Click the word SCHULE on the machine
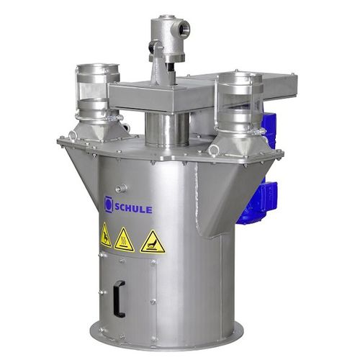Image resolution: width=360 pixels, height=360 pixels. (133, 208)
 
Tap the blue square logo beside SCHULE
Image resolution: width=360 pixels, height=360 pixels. (108, 204)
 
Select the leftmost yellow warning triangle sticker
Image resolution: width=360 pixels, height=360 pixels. (106, 235)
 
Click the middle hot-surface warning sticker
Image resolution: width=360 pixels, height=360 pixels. (124, 240)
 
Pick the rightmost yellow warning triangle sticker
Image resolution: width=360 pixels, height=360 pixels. (153, 242)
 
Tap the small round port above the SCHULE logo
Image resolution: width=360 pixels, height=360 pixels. (120, 189)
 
